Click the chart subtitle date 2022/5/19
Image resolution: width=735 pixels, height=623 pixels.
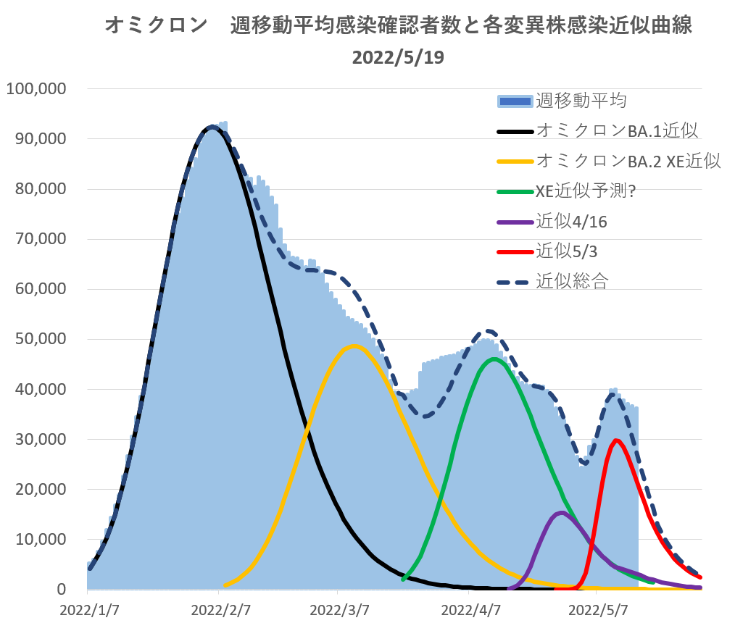coord(398,57)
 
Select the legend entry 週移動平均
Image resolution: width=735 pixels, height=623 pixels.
coord(581,100)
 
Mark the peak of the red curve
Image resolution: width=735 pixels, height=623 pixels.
coord(616,440)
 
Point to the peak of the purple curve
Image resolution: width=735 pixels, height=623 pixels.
coord(562,513)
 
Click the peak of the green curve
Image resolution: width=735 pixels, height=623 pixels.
coord(494,359)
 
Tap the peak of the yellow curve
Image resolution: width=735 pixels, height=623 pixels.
coord(353,346)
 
